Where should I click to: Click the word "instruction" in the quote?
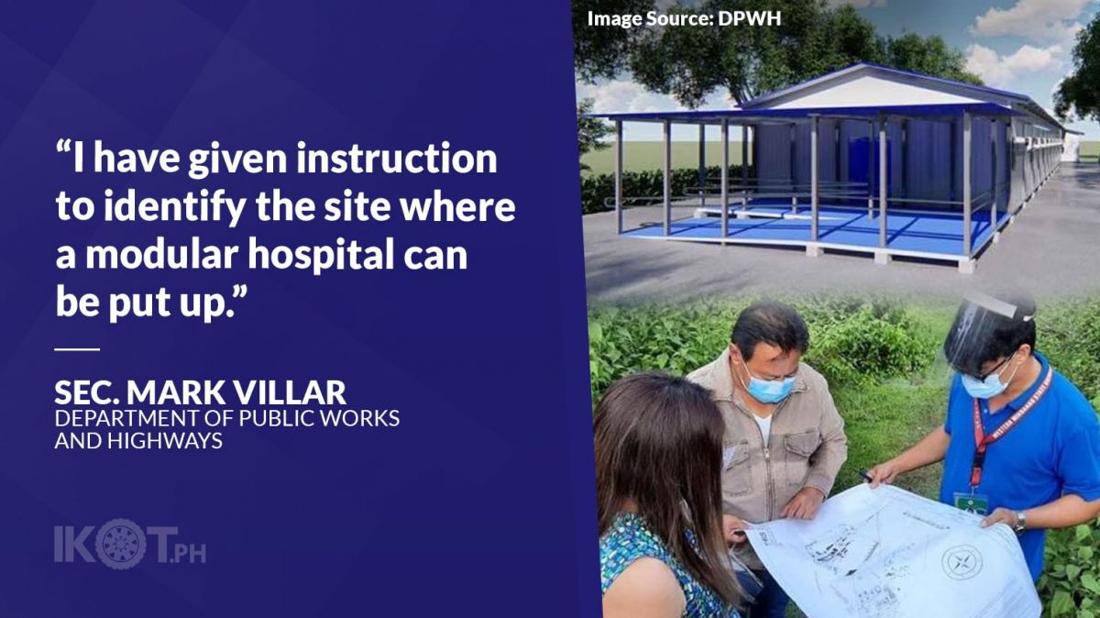click(x=396, y=159)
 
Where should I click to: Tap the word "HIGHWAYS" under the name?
click(x=165, y=440)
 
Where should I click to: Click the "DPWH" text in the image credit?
click(x=749, y=18)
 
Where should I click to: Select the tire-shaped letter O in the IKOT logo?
click(x=121, y=544)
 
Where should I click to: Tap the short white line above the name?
click(x=77, y=349)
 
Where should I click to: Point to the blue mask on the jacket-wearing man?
click(x=768, y=386)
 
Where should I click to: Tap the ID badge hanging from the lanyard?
click(x=971, y=502)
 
